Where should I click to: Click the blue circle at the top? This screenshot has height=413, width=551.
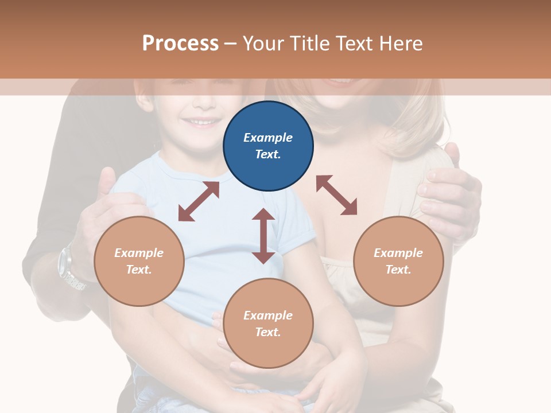coord(268,146)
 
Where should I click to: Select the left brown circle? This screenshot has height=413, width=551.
coord(139,261)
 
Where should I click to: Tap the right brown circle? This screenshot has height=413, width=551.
coord(398,261)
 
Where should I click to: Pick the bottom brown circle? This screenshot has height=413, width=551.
coord(268,324)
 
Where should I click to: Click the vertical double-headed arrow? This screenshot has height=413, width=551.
coord(263,236)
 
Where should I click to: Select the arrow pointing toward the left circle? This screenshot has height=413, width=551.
coord(199,201)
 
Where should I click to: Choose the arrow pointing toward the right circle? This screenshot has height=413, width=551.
coord(336,195)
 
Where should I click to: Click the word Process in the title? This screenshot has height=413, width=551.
coord(180,44)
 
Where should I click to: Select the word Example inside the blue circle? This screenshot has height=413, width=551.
coord(268,138)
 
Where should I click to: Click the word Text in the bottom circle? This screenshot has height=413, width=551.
coord(268,332)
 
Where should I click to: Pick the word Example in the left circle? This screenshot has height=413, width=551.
coord(139,253)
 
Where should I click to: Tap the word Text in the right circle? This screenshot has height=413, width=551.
coord(398,270)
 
